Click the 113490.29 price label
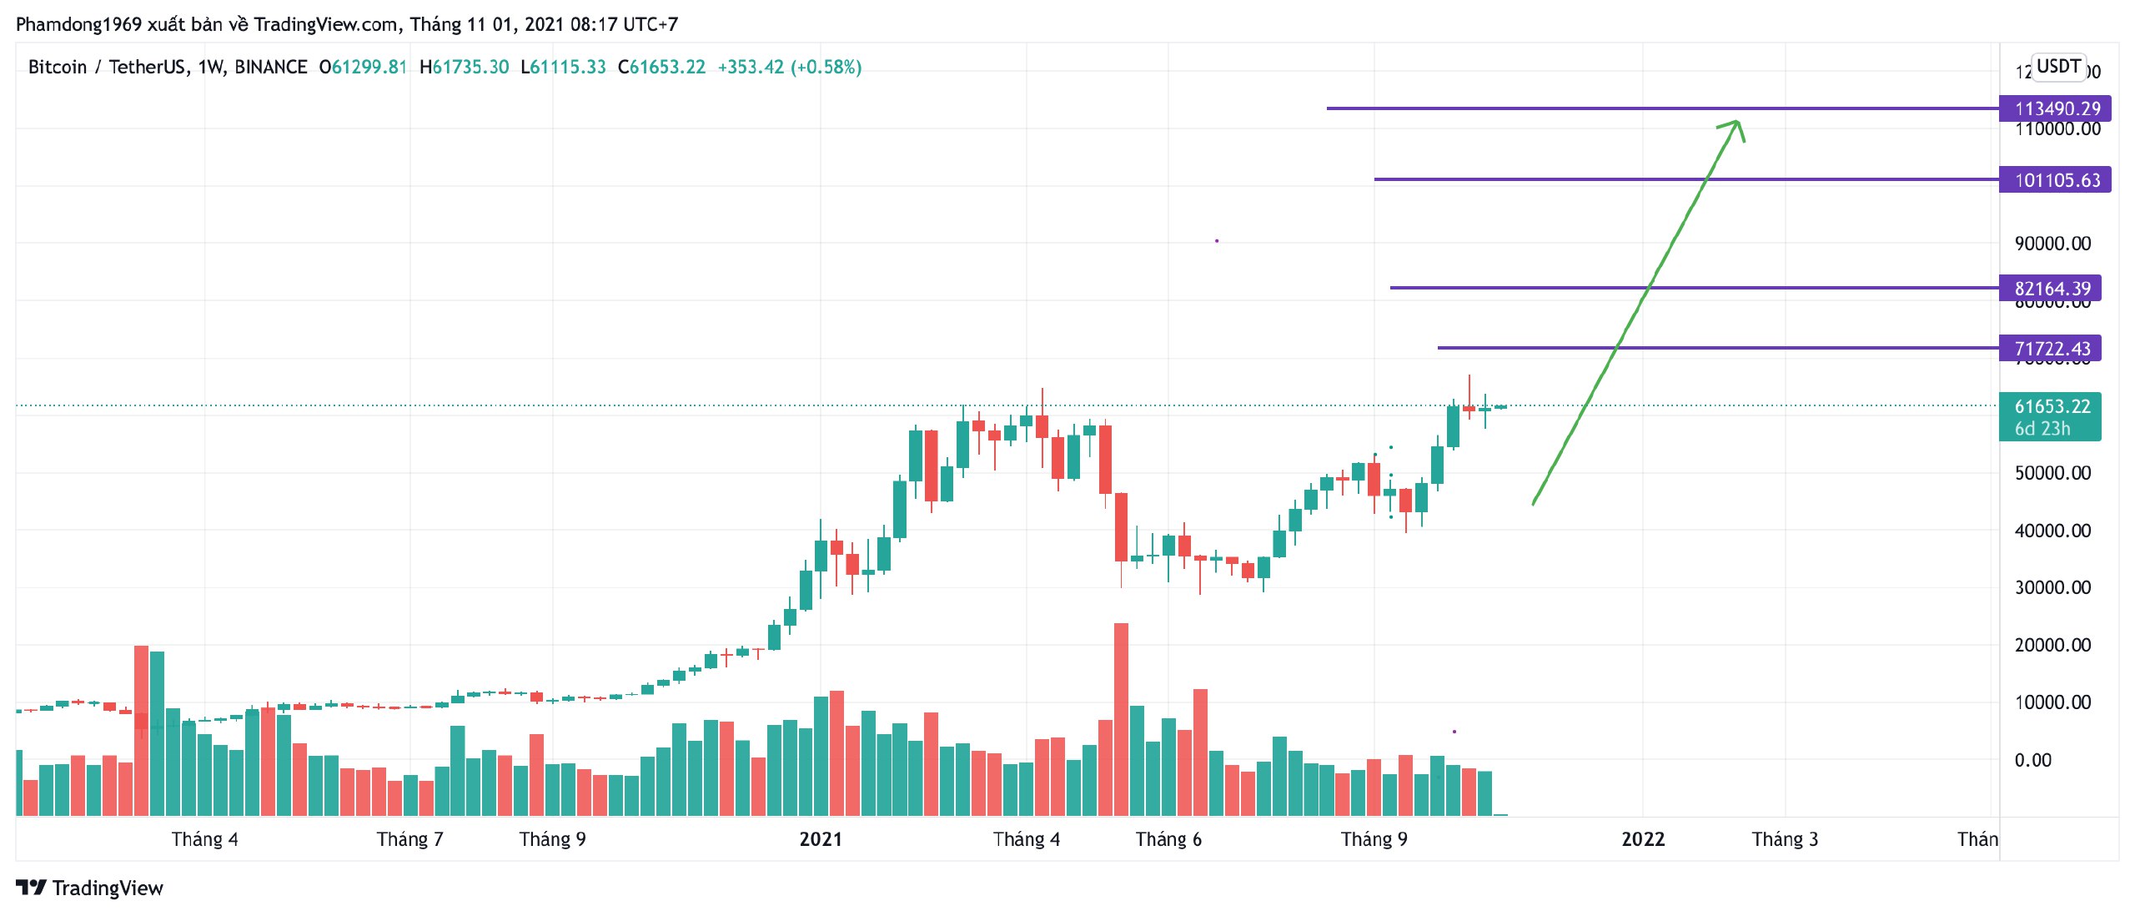[x=2056, y=108]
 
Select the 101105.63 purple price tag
[x=2056, y=180]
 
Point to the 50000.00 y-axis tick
[x=2052, y=473]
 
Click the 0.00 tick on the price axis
[x=2032, y=760]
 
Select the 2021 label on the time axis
[x=821, y=839]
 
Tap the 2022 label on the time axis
[x=1643, y=839]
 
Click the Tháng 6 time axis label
[x=1168, y=839]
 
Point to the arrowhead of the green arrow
[x=1736, y=123]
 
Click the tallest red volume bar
[x=1121, y=717]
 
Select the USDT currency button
[x=2058, y=66]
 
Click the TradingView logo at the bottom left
[x=90, y=888]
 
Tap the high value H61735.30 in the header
[x=464, y=67]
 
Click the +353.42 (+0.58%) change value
[x=789, y=67]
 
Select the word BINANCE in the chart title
[x=270, y=67]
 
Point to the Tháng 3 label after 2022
[x=1785, y=839]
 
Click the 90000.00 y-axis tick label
[x=2052, y=244]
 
